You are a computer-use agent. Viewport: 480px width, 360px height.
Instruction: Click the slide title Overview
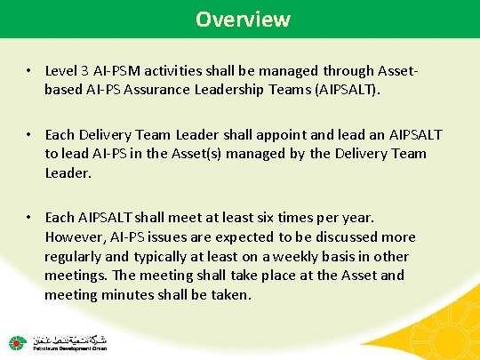(243, 19)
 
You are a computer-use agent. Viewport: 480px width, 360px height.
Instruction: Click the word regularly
(76, 256)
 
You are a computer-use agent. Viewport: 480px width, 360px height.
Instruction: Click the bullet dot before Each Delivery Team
(30, 134)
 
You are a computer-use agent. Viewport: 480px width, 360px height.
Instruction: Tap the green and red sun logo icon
(18, 343)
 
